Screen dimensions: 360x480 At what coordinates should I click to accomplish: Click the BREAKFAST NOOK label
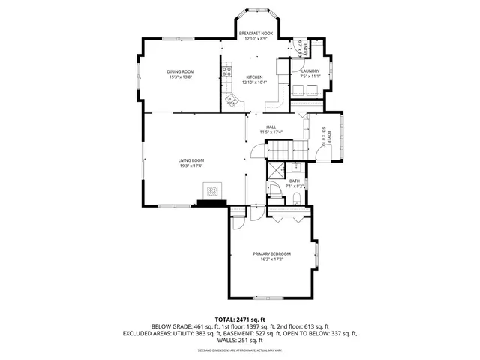(x=256, y=33)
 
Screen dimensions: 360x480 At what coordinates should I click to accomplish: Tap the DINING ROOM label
(x=181, y=71)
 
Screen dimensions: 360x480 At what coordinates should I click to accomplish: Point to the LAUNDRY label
(x=310, y=71)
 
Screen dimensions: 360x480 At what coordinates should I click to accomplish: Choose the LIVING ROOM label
(x=191, y=160)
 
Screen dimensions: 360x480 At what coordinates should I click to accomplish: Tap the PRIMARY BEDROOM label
(x=271, y=253)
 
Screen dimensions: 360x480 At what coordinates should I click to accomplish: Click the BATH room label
(x=295, y=181)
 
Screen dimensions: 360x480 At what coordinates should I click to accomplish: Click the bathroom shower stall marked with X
(x=277, y=169)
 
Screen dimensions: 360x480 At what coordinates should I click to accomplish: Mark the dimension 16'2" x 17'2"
(x=271, y=259)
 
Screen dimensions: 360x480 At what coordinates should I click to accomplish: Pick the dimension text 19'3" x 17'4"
(x=191, y=166)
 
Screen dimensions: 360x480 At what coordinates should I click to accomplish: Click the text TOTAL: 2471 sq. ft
(x=240, y=319)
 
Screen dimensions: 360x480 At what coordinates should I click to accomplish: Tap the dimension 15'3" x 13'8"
(x=181, y=76)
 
